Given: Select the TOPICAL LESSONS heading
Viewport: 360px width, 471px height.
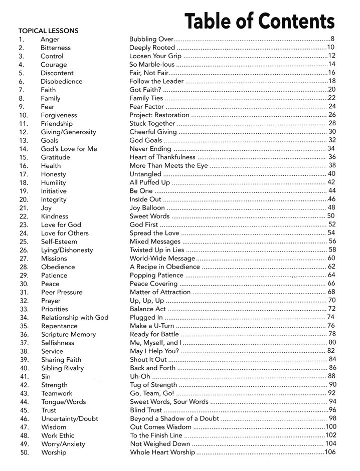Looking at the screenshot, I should click(x=48, y=31).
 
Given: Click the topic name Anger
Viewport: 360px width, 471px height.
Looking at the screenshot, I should click(x=50, y=39).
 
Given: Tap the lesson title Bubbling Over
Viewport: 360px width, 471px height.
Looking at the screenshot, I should click(x=151, y=39).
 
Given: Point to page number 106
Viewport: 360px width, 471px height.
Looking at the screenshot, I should click(x=330, y=452).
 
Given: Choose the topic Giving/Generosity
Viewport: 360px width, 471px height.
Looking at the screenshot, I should click(x=68, y=132).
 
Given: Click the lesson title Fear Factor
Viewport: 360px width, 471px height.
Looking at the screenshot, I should click(x=146, y=107).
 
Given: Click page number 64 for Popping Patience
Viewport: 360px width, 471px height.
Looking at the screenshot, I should click(x=331, y=275).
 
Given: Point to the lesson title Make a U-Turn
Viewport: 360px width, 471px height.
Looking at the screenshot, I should click(x=152, y=326).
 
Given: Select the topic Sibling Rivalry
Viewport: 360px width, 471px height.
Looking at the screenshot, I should click(x=62, y=368).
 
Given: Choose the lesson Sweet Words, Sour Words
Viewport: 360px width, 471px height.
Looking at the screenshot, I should click(x=169, y=402).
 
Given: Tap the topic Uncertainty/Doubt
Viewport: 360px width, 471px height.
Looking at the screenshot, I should click(x=70, y=418).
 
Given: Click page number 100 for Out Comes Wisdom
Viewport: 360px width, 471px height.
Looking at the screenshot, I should click(x=330, y=427).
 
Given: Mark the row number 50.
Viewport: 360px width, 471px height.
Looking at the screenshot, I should click(x=23, y=452).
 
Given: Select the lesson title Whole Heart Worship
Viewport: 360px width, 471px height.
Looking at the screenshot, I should click(x=162, y=452).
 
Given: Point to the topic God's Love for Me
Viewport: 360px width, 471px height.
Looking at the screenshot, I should click(x=69, y=149).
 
